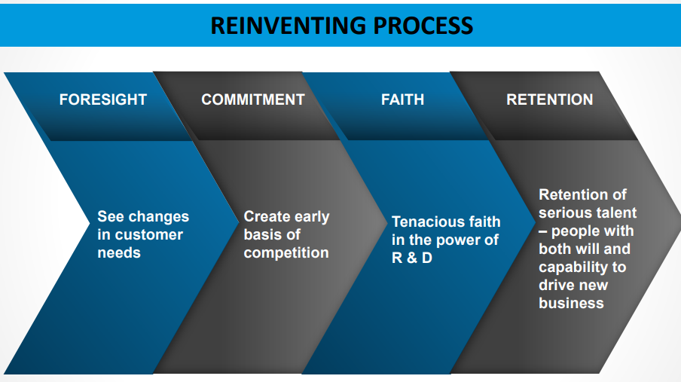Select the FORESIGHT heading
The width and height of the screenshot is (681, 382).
[x=103, y=99]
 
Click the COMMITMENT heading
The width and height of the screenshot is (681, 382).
[x=253, y=99]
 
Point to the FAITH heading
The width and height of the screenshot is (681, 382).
[x=402, y=99]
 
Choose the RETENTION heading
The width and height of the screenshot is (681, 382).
[x=549, y=99]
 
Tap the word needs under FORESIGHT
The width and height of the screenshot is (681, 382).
[x=119, y=252]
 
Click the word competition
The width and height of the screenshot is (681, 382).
[x=286, y=252]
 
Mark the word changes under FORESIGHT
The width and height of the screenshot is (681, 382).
[x=158, y=216]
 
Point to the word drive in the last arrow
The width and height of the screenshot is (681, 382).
[x=557, y=285]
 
